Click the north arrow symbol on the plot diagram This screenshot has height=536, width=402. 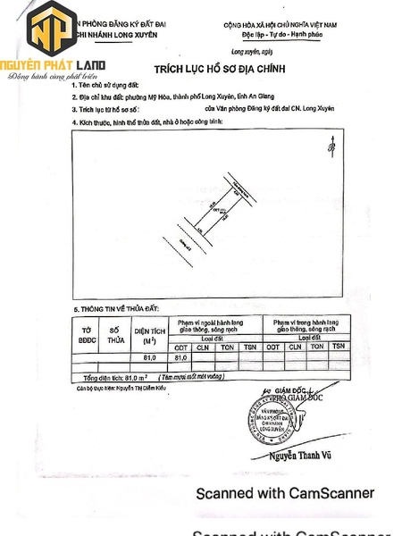(331, 142)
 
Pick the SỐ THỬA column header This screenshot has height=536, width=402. (115, 335)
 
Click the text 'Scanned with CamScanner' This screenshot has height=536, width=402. (285, 493)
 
